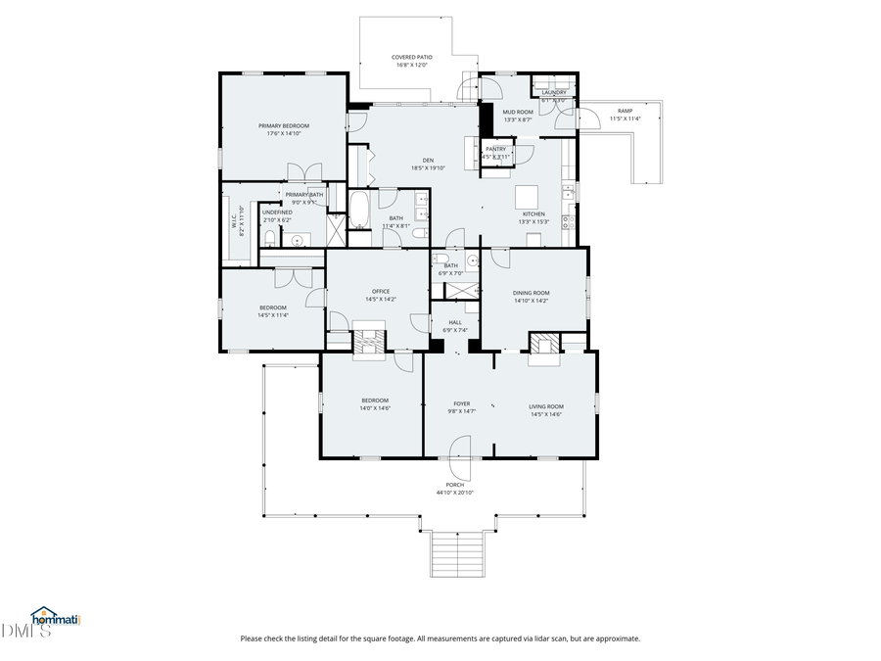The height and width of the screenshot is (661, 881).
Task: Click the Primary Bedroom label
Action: point(284,125)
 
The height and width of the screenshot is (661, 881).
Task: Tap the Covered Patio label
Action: point(412,57)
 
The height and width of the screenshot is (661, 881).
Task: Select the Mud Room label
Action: point(518,112)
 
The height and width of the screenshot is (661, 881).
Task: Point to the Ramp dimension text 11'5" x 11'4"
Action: point(625,118)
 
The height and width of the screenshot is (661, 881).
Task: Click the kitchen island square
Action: point(529,194)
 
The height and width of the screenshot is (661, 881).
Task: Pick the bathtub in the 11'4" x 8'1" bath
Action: point(359,210)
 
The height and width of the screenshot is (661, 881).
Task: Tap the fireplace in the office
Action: point(372,342)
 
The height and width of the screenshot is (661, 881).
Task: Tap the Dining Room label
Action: point(532,293)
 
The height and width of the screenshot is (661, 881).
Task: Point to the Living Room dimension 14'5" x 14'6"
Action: point(546,414)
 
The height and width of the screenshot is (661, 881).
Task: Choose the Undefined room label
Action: point(277,212)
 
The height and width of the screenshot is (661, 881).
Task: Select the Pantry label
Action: point(495,149)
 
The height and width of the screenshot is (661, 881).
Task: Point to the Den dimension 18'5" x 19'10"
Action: point(428,168)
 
